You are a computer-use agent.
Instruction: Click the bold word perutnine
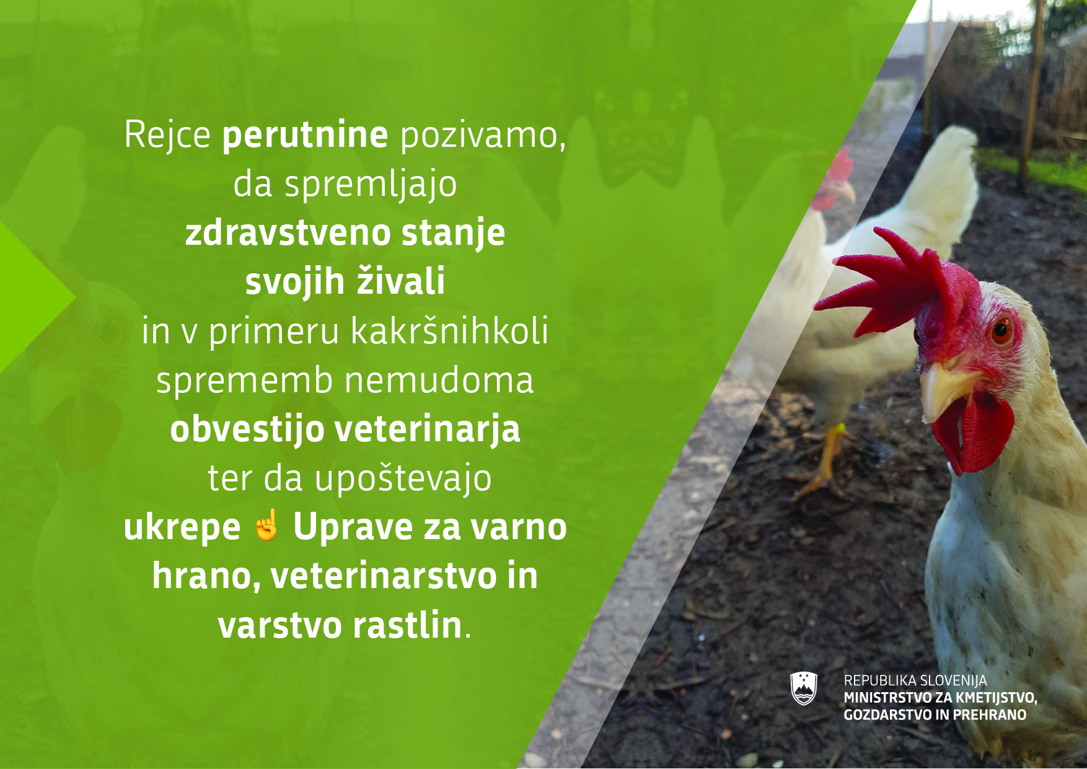305,136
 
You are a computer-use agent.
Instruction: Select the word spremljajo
371,185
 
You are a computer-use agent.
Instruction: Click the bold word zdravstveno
288,233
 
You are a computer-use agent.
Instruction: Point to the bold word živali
401,281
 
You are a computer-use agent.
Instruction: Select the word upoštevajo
403,479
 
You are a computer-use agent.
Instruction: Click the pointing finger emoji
267,525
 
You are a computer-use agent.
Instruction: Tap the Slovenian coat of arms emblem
804,688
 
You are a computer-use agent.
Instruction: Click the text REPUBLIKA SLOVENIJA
915,680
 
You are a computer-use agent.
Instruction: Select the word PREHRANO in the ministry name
989,714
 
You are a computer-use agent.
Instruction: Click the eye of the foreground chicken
1001,330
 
